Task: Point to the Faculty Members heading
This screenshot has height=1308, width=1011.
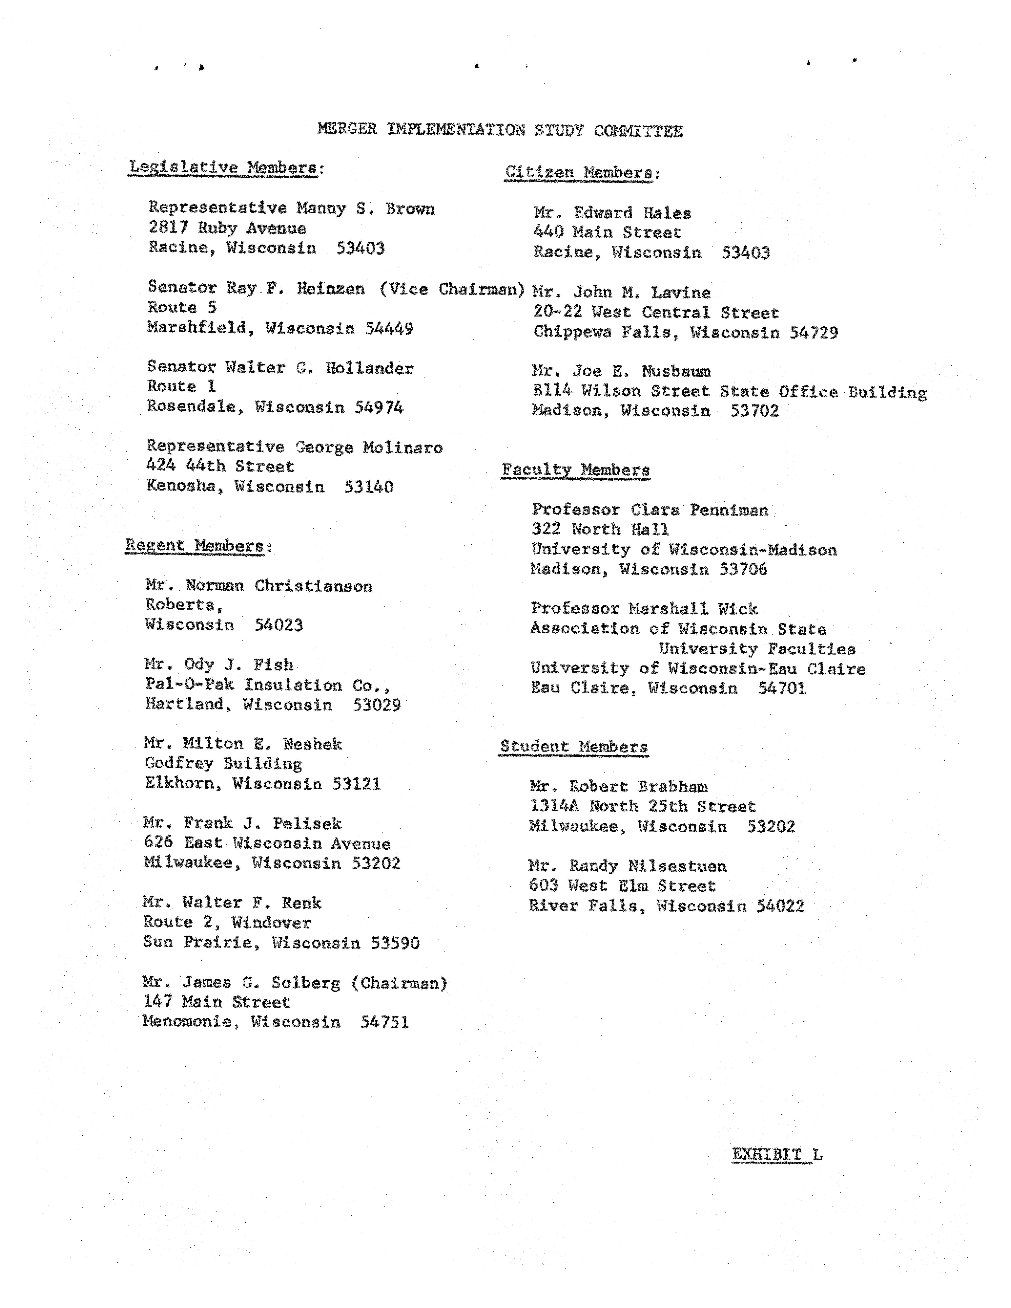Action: point(575,470)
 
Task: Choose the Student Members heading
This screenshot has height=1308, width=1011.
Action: point(573,747)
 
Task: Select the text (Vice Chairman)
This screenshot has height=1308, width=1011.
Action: point(452,289)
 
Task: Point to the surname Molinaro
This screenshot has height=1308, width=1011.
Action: point(402,447)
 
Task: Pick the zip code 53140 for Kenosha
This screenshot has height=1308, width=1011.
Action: point(369,487)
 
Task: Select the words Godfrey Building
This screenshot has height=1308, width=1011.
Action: point(223,764)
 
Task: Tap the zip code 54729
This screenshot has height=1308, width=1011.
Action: point(814,332)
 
